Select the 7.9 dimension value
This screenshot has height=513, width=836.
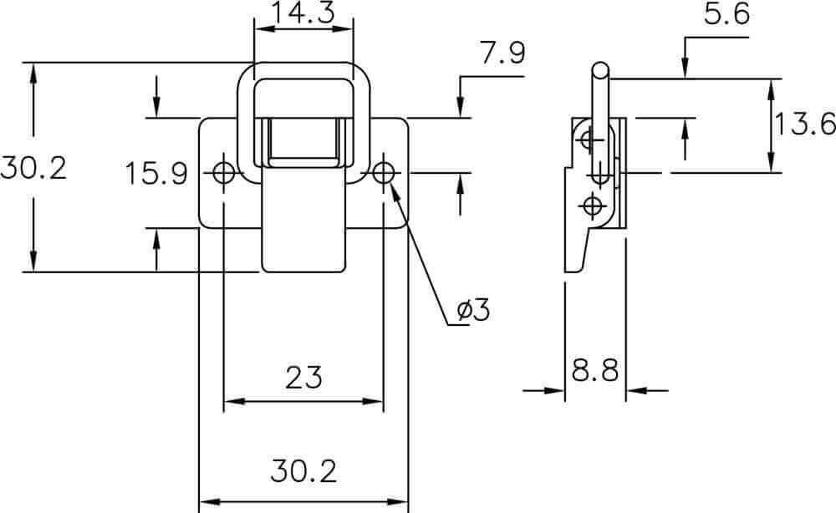point(502,53)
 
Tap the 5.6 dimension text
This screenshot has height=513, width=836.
point(726,14)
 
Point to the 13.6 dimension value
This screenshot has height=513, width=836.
point(804,124)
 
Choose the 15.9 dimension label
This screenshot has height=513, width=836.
point(156,174)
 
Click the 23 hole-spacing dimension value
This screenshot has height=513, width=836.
point(303,378)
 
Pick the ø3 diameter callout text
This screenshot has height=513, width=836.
point(473,310)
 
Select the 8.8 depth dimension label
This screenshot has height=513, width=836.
point(595,370)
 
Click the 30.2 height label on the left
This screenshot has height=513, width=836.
point(33,167)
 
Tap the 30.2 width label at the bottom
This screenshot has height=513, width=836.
point(303,471)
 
